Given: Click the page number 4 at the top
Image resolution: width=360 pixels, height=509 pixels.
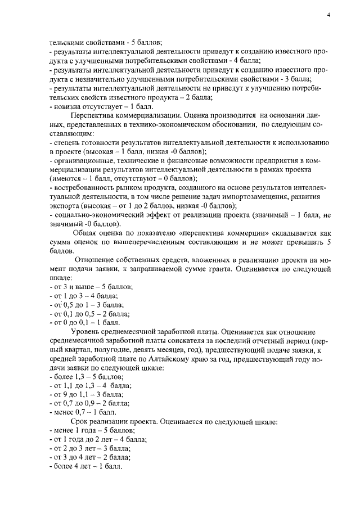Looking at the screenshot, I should [328, 15].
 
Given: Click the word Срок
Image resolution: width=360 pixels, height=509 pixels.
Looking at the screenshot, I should [82, 422].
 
